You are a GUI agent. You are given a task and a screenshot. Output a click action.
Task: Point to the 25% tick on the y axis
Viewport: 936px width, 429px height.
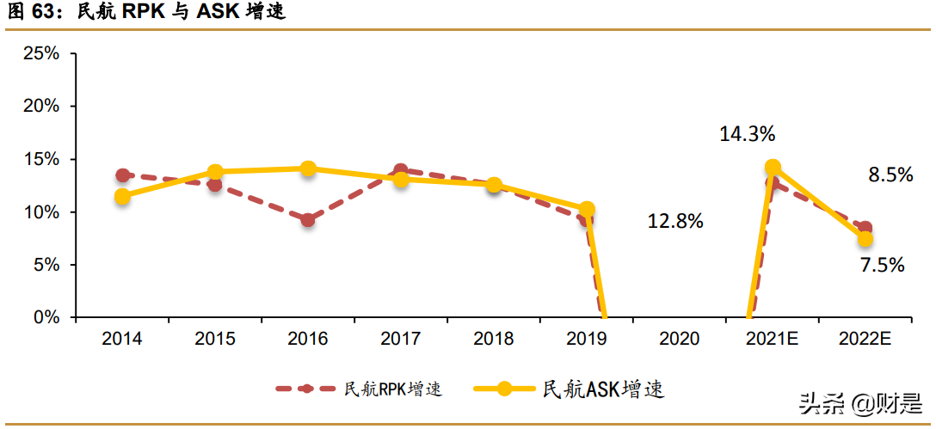(x=41, y=53)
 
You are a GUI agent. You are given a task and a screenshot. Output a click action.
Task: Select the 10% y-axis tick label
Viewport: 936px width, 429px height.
(x=41, y=212)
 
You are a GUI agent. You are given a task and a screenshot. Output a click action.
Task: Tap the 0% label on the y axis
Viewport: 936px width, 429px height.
(x=46, y=318)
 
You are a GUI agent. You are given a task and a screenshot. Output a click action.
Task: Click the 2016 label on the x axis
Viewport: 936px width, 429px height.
(x=308, y=339)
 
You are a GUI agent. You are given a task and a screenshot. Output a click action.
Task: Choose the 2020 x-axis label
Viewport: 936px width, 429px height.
(x=680, y=339)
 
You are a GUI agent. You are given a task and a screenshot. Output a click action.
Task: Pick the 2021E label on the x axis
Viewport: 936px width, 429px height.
(x=773, y=339)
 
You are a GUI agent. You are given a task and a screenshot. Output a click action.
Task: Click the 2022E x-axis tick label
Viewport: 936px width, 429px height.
(x=865, y=339)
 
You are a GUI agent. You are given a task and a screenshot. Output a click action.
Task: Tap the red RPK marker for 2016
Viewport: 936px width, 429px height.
(x=308, y=220)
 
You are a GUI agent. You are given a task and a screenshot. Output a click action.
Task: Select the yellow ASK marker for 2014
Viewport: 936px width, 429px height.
(x=122, y=196)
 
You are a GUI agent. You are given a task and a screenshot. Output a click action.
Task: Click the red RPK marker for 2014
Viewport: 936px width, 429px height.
(x=122, y=175)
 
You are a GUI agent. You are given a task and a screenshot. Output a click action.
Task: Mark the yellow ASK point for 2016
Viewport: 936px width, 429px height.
(x=308, y=169)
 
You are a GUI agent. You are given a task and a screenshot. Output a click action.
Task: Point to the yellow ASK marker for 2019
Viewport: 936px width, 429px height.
(x=587, y=209)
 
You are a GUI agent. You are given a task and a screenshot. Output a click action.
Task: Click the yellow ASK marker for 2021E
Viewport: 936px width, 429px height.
(x=773, y=167)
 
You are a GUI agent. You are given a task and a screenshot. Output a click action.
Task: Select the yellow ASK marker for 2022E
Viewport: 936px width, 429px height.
(x=865, y=239)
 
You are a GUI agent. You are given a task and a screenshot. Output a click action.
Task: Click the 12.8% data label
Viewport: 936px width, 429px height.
(x=675, y=221)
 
